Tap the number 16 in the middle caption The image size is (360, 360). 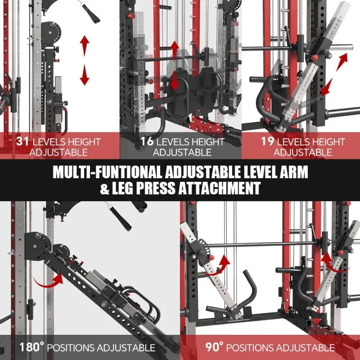coord(146,141)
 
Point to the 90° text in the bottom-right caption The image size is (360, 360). coord(216,347)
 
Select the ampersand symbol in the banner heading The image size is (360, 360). coord(104,188)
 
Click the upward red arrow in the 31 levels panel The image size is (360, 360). coord(85,45)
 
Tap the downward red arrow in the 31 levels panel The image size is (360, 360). coord(85,76)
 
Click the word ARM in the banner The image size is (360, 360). coord(294,172)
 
